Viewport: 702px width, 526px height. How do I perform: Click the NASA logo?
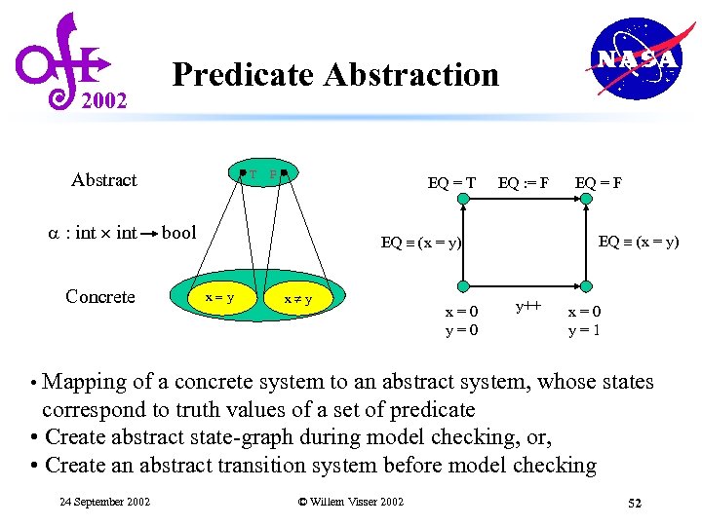pyautogui.click(x=637, y=59)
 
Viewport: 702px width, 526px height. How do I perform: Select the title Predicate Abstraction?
pyautogui.click(x=334, y=74)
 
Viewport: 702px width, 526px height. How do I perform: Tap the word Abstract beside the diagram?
pyautogui.click(x=104, y=179)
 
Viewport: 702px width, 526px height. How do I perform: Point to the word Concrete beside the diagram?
pyautogui.click(x=99, y=296)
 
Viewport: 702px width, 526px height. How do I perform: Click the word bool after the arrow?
pyautogui.click(x=178, y=233)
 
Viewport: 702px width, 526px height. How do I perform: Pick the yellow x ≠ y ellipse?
pyautogui.click(x=297, y=299)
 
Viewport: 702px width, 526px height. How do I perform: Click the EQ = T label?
pyautogui.click(x=451, y=181)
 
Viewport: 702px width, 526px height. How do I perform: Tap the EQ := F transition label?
pyautogui.click(x=524, y=181)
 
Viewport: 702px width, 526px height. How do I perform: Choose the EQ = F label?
pyautogui.click(x=599, y=181)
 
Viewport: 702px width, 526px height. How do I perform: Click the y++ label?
pyautogui.click(x=527, y=306)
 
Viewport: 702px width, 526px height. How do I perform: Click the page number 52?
pyautogui.click(x=635, y=503)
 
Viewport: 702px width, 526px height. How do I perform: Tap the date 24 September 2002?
pyautogui.click(x=104, y=502)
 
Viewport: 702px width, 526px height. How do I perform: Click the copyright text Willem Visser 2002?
pyautogui.click(x=350, y=502)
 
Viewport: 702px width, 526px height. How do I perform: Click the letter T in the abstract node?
pyautogui.click(x=253, y=175)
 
